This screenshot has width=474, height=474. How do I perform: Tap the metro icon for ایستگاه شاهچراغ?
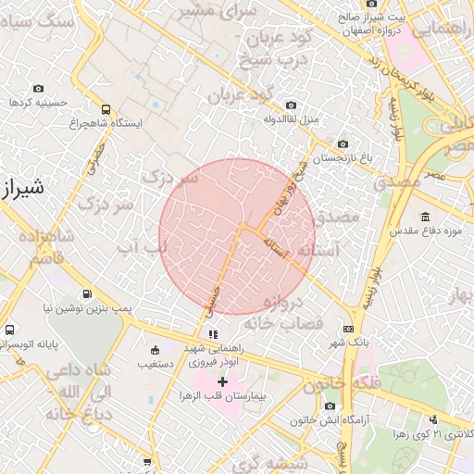pyautogui.click(x=106, y=108)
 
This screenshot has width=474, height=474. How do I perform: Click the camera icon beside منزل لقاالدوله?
pyautogui.click(x=292, y=105)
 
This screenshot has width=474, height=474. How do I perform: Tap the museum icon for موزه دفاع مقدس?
pyautogui.click(x=424, y=218)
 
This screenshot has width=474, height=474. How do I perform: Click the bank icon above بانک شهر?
pyautogui.click(x=348, y=329)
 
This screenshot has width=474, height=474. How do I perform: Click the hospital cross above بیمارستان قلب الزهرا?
pyautogui.click(x=223, y=380)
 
